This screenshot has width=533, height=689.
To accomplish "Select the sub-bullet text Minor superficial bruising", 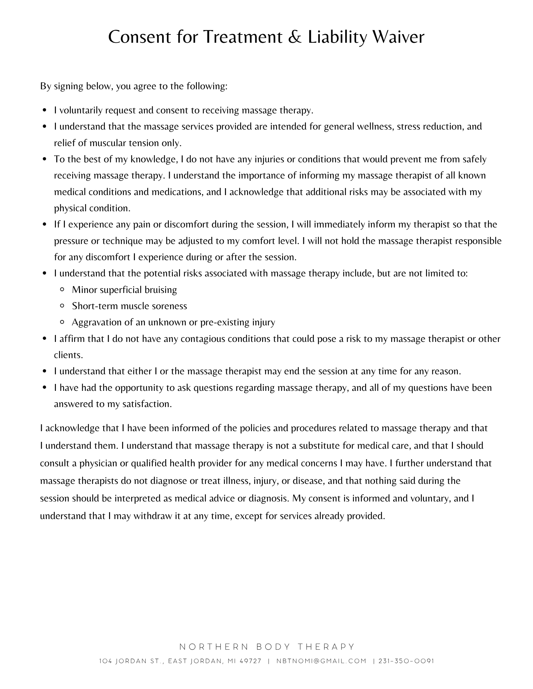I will tap(124, 290).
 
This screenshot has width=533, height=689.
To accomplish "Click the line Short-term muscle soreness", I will tap(129, 306).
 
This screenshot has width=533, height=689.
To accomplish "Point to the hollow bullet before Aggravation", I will tap(62, 323).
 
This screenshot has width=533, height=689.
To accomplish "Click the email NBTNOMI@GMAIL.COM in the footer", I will tap(321, 661).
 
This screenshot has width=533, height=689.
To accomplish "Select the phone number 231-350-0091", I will tap(406, 661).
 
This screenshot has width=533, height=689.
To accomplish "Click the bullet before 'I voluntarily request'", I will tap(45, 111).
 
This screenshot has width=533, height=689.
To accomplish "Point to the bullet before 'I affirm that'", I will tap(45, 339).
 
